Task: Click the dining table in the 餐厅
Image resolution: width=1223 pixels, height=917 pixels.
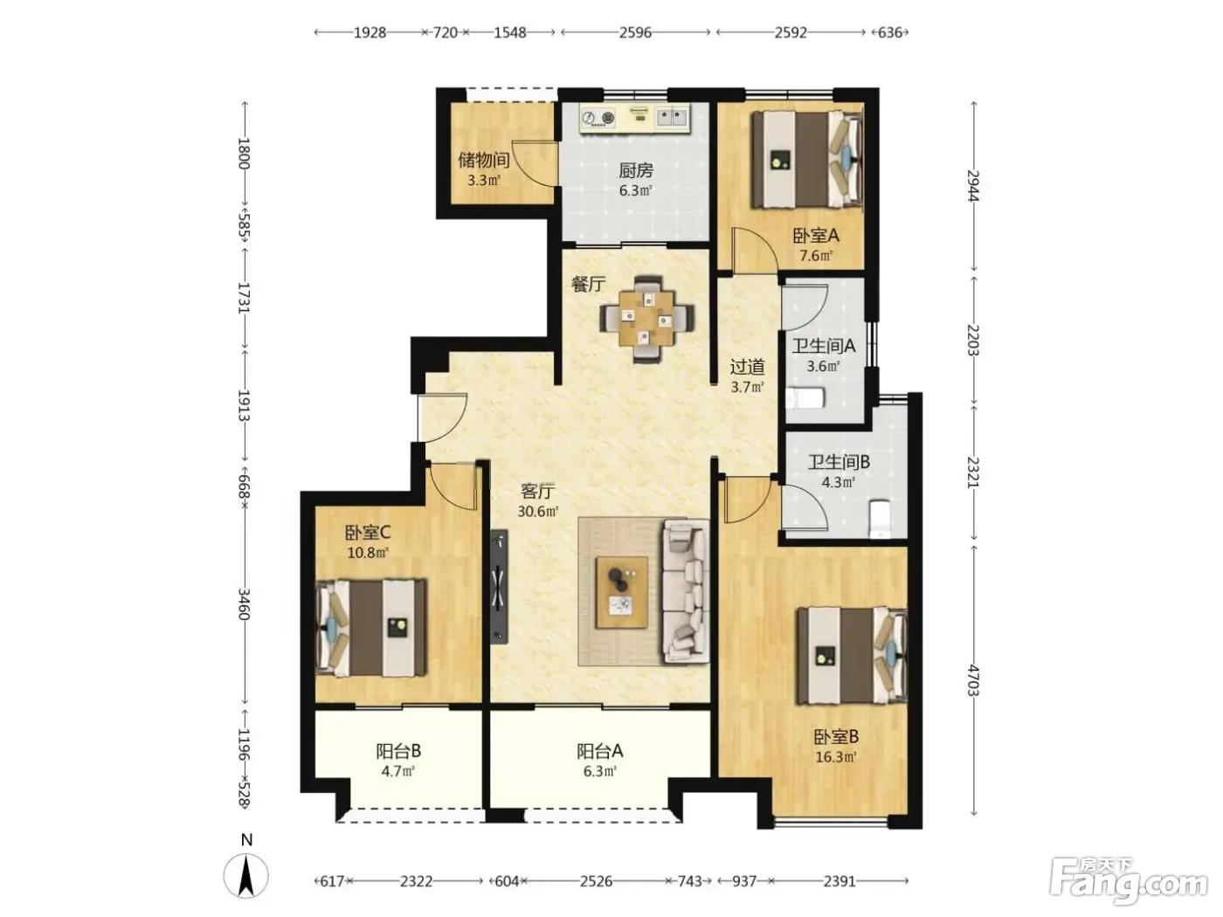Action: tap(647, 320)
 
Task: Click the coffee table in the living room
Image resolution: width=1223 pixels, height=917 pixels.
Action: tap(622, 592)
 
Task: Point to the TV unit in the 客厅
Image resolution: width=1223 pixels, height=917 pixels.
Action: tap(499, 587)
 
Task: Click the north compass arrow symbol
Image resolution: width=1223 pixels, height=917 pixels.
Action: tap(245, 876)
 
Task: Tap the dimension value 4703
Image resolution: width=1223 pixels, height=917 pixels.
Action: tap(973, 680)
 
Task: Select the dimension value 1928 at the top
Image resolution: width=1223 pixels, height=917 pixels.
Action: tap(370, 33)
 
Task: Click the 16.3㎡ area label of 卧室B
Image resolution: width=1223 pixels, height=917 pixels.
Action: tap(836, 757)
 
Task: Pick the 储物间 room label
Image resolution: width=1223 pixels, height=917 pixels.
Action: tap(484, 161)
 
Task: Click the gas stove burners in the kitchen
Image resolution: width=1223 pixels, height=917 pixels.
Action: tap(598, 118)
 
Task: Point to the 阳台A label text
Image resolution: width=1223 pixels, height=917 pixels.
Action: tap(599, 752)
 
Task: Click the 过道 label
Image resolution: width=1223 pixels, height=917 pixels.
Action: tap(747, 367)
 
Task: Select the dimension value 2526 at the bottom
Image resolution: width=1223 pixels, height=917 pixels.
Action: tap(596, 881)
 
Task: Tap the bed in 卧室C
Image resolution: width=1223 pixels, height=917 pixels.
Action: tap(370, 629)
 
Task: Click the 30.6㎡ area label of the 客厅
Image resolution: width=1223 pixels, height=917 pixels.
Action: tap(537, 511)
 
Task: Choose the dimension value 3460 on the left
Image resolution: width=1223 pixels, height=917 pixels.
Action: tap(244, 604)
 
